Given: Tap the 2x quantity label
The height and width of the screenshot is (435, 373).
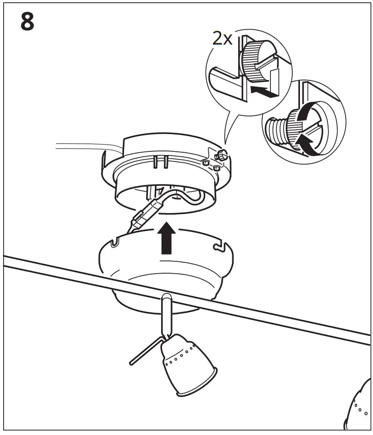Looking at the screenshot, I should click(222, 38).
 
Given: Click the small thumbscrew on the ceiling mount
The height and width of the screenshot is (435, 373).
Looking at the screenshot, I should click(221, 155).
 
